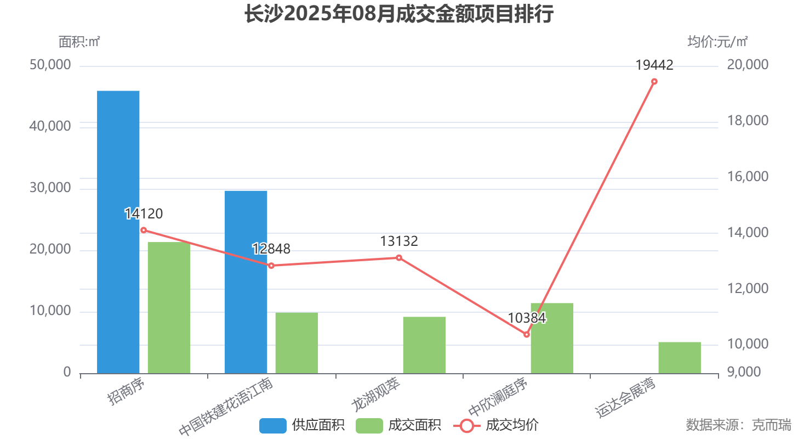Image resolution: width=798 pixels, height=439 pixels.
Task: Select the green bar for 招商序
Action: point(169,307)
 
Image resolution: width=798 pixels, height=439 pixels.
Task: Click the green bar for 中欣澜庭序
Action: point(552,338)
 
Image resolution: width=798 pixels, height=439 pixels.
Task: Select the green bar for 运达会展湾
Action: point(680,357)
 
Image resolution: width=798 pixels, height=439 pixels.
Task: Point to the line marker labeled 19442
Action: point(654,82)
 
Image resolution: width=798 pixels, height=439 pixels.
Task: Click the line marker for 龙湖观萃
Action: point(399,258)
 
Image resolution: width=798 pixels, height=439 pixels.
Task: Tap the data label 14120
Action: point(144,214)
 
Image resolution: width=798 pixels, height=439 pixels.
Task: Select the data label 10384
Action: point(527,318)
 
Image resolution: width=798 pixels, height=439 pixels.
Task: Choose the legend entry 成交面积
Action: point(398,425)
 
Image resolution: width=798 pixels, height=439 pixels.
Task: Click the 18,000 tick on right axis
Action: point(748,121)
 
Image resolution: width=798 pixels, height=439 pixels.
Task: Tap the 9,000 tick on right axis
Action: point(744,372)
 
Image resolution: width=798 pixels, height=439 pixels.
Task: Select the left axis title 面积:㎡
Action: point(79,41)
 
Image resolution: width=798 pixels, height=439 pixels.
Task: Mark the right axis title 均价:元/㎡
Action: point(717,41)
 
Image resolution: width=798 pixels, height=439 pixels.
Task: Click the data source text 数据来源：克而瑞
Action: point(738,425)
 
